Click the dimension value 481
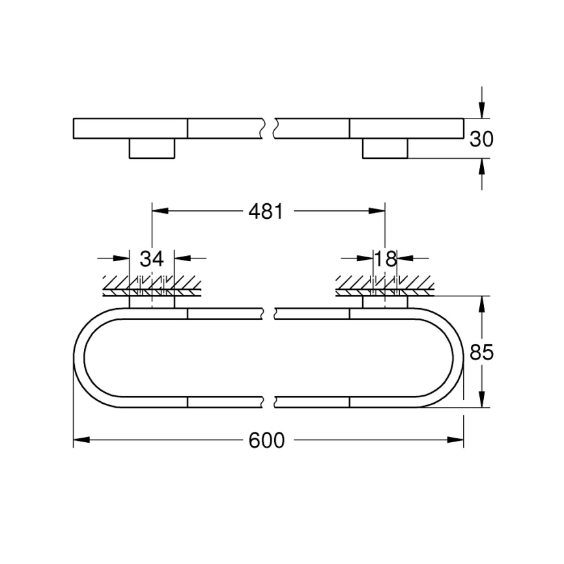(x=265, y=211)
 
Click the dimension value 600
(x=267, y=441)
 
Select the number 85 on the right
(x=482, y=352)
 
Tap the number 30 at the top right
(x=482, y=139)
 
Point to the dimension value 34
(x=152, y=259)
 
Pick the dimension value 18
(x=386, y=259)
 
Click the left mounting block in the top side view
(x=152, y=148)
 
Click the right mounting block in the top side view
(x=385, y=148)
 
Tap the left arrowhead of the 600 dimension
(x=79, y=441)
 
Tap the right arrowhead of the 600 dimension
(x=457, y=441)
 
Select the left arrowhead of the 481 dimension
(x=159, y=211)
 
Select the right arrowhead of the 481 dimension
(x=378, y=211)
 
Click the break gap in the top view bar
(x=269, y=128)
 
